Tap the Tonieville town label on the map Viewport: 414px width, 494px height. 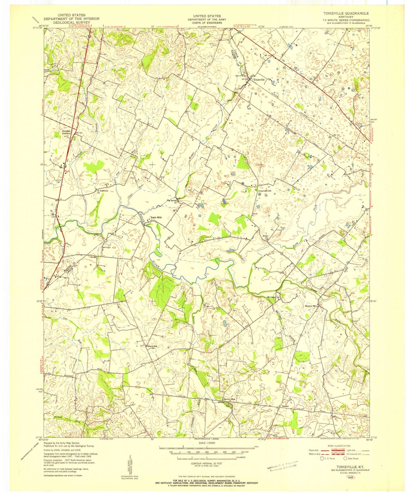tap(259, 80)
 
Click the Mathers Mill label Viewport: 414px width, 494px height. tap(311, 306)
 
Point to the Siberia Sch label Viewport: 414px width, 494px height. tap(152, 346)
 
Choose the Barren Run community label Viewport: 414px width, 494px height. tap(229, 399)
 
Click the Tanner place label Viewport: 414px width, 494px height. tap(285, 407)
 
